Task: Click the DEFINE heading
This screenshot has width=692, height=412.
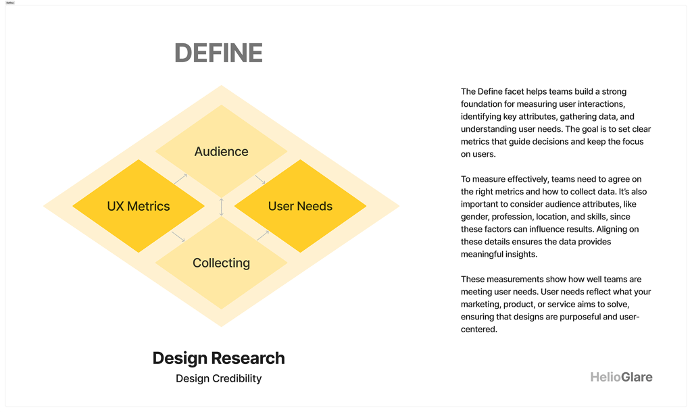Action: [x=218, y=53]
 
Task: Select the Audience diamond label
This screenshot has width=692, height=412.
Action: [x=221, y=151]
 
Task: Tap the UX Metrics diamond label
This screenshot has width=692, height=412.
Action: [x=138, y=206]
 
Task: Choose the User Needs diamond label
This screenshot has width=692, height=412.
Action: [x=300, y=206]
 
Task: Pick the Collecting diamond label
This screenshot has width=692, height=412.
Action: [x=221, y=263]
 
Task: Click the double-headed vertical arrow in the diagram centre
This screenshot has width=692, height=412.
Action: [x=222, y=207]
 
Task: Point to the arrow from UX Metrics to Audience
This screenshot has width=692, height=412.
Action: [x=180, y=179]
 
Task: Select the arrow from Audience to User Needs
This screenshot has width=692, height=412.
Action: [x=260, y=180]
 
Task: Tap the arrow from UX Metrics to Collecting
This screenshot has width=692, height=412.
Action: [x=178, y=236]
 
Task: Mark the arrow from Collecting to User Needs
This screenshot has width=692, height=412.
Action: [x=263, y=235]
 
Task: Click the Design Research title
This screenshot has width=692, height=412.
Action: [x=218, y=358]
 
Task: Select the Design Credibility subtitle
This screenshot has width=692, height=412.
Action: [x=218, y=378]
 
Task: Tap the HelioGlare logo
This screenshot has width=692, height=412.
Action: [x=622, y=377]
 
